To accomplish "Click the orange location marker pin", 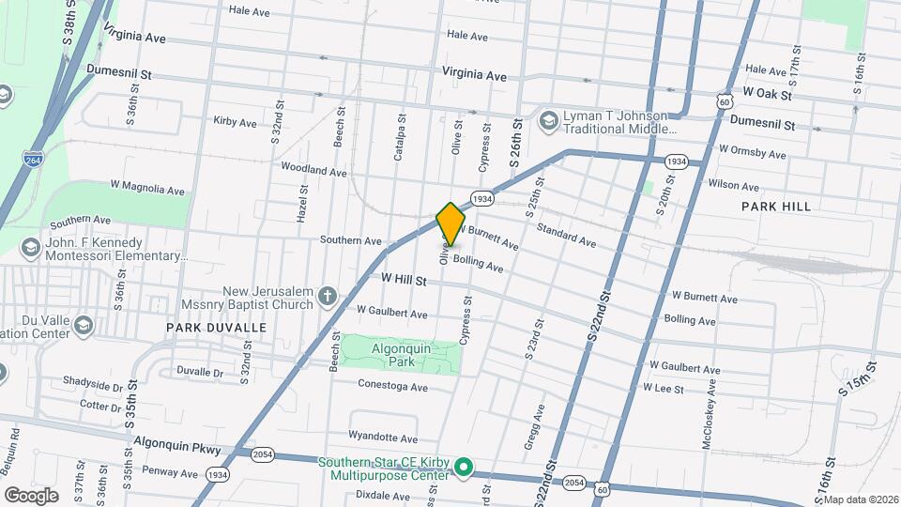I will (450, 223).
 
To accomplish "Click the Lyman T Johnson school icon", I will (547, 119).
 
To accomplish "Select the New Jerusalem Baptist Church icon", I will (327, 297).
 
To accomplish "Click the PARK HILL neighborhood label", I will (775, 206).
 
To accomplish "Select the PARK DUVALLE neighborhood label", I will (217, 328).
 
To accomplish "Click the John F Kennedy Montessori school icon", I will (31, 248).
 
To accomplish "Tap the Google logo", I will (31, 495).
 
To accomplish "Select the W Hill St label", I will (405, 280).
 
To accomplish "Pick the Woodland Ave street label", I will (313, 171).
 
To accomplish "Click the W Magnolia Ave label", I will (147, 189).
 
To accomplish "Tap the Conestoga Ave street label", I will (393, 387).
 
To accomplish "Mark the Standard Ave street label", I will (566, 235).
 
